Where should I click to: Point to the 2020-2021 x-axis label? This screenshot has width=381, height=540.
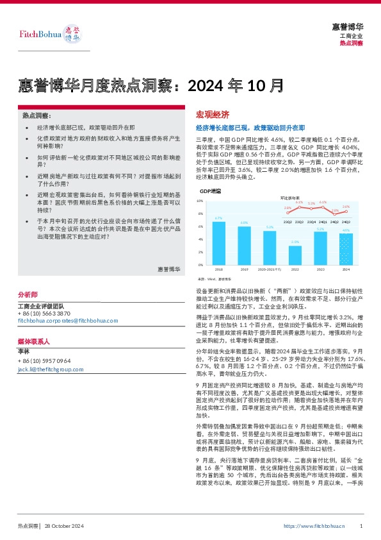tap(270, 269)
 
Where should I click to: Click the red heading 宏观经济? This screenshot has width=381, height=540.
tap(212, 115)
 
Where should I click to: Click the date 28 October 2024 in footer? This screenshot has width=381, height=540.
tap(65, 526)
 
